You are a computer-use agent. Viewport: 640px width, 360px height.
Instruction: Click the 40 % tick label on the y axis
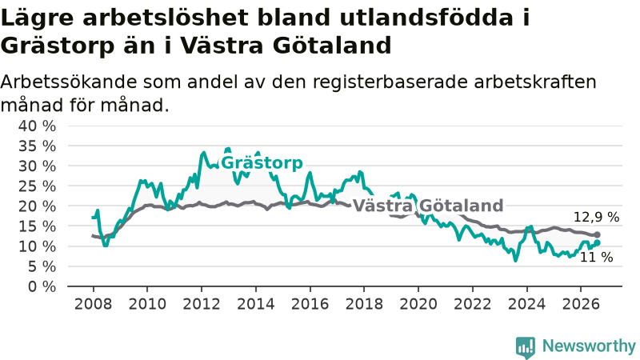[x=37, y=126]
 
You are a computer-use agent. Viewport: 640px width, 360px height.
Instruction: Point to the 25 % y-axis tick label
[x=37, y=186]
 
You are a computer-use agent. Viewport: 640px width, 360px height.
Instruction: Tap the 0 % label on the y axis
[x=42, y=287]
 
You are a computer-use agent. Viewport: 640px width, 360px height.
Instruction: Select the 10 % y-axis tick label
[x=37, y=247]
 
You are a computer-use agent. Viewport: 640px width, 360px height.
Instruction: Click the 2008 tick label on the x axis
[x=93, y=304]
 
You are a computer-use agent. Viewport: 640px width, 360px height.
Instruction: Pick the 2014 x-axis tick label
[x=256, y=304]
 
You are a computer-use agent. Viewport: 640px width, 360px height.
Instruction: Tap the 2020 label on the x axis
[x=418, y=304]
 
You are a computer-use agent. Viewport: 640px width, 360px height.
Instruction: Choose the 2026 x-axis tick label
[x=581, y=304]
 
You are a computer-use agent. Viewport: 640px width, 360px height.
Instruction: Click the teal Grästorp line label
[x=262, y=163]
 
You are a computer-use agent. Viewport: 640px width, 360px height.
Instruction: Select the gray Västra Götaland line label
[x=428, y=206]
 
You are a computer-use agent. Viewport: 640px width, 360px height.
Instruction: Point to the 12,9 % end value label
[x=596, y=217]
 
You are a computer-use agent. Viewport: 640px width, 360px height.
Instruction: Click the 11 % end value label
[x=596, y=257]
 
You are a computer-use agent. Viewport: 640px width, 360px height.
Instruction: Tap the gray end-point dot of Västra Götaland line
[x=597, y=234]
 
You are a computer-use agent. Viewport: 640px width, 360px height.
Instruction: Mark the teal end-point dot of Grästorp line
[x=597, y=242]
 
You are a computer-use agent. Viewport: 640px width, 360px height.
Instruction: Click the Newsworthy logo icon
[x=526, y=348]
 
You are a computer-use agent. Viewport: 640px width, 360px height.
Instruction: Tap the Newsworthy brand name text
[x=589, y=346]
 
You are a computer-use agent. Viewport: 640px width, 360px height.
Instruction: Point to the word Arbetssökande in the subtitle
[x=69, y=82]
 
